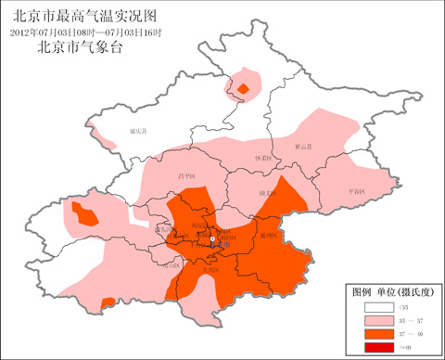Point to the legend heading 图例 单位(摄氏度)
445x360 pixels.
coord(389,291)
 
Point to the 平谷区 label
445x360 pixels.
coord(356,189)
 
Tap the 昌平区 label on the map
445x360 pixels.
coord(186,175)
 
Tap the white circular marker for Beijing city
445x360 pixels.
coord(212,240)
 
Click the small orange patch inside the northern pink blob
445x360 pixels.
coord(243,89)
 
